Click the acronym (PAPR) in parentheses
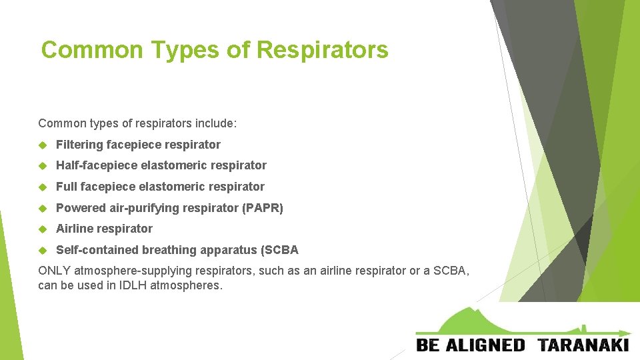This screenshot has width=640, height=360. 263,208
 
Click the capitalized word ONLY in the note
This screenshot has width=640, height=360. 55,271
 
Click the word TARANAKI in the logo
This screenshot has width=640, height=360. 583,345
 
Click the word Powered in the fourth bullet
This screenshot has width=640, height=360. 79,208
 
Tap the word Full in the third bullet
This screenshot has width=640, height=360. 67,187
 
